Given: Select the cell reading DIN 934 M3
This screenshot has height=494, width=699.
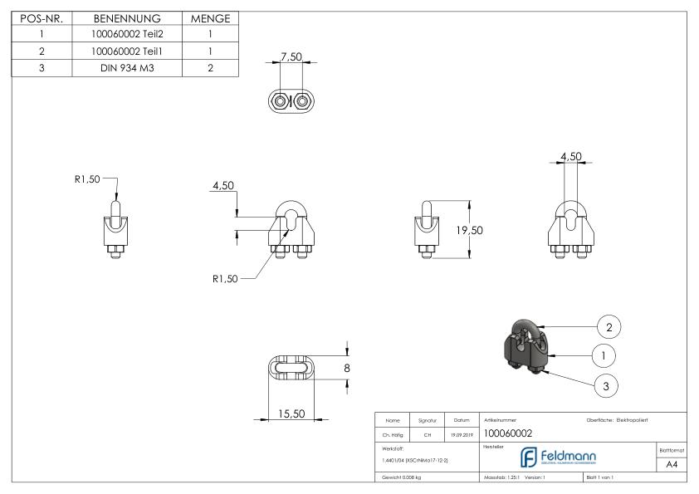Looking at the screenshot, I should coord(124,68).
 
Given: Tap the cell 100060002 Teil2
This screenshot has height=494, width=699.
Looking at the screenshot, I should coord(124,35).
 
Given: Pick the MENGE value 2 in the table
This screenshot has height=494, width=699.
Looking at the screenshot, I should coord(210,68).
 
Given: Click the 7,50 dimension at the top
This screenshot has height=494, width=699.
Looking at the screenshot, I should coord(291,57).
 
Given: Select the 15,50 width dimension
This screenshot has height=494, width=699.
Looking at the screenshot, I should coord(290,414).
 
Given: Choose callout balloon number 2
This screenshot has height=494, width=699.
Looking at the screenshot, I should coord(609,327).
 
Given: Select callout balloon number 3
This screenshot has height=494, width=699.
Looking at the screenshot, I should coord(609,384).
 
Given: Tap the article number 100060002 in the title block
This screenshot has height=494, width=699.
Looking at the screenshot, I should coord(508,433).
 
